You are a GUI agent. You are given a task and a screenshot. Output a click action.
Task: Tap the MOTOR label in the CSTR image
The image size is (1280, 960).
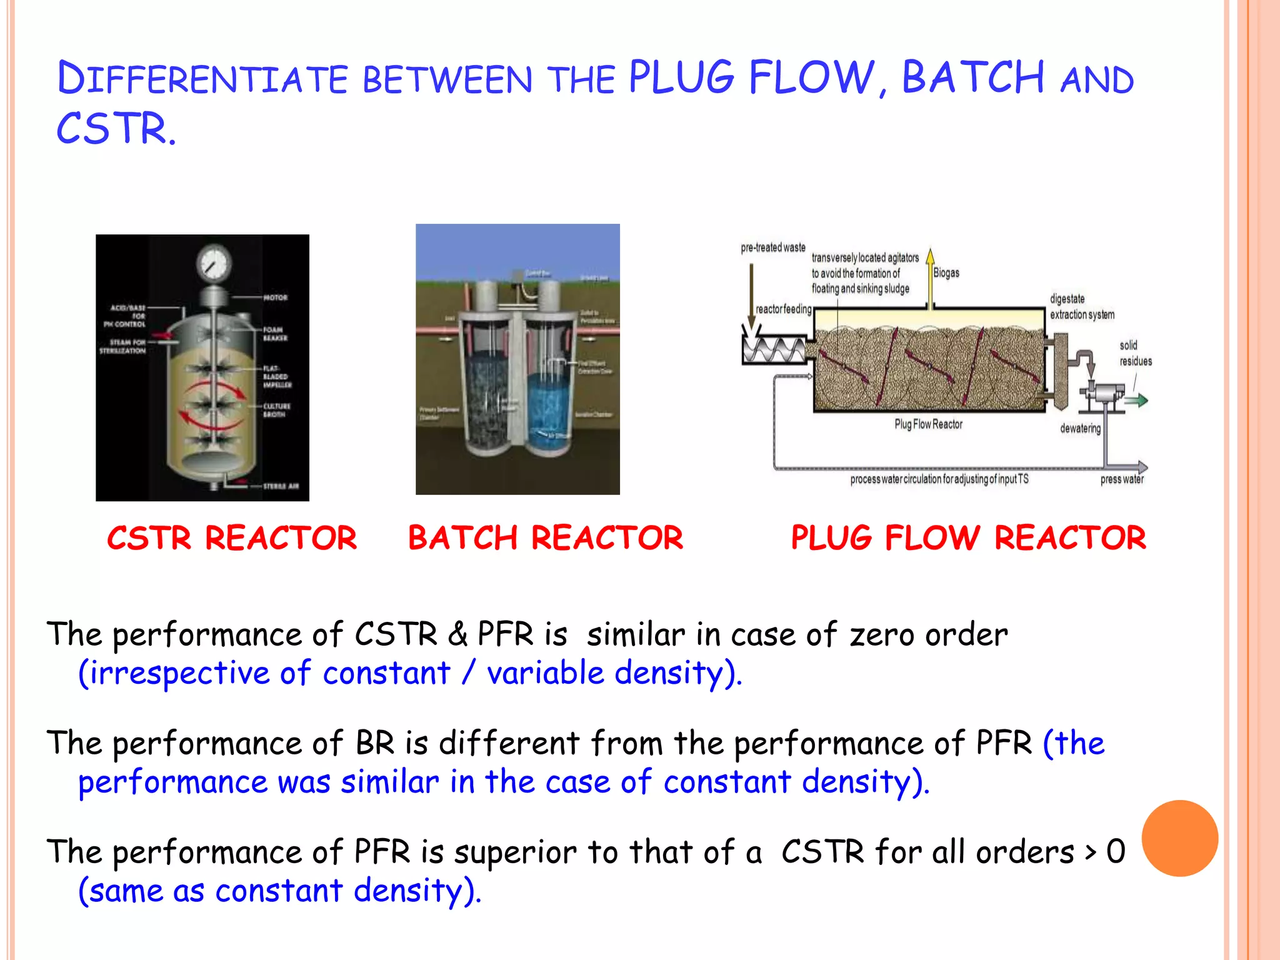point(275,297)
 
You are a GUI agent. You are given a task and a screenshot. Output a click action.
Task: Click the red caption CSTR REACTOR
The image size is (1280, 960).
point(232,538)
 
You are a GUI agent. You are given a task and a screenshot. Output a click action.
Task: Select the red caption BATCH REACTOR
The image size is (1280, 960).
point(545,538)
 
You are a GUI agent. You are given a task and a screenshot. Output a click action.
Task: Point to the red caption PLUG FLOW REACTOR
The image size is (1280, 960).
point(968,538)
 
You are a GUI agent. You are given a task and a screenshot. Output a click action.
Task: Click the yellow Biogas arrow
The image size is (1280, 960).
point(930,278)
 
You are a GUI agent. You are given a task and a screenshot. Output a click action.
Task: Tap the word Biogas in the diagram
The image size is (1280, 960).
point(946,273)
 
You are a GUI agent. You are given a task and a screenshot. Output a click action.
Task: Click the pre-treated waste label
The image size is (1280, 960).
point(773,247)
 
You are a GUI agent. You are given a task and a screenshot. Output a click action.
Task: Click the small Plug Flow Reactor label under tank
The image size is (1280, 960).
point(928,424)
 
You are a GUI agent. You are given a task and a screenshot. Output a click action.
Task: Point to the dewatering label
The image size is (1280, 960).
point(1080,429)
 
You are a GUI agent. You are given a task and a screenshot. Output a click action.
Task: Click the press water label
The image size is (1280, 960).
point(1122,479)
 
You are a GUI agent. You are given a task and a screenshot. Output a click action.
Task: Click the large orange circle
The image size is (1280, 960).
point(1179,838)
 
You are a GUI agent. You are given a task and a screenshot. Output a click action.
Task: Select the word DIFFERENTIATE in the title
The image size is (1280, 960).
point(202,79)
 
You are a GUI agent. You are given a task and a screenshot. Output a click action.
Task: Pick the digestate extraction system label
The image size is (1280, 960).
point(1082,307)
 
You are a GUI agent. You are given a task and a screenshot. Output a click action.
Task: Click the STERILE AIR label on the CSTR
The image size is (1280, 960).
point(281,486)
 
